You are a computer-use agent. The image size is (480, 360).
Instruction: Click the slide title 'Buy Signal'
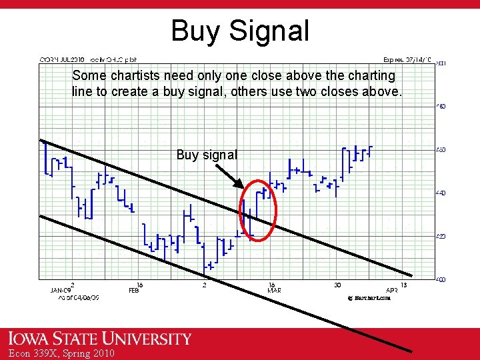(x=240, y=31)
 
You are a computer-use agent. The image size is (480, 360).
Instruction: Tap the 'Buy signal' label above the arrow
(x=207, y=155)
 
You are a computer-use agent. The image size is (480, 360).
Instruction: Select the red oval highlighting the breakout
(x=258, y=210)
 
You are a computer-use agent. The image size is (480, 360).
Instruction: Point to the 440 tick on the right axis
(x=441, y=193)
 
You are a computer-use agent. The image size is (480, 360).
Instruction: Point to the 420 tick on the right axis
(x=441, y=236)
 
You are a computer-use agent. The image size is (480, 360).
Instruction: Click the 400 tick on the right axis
(x=441, y=279)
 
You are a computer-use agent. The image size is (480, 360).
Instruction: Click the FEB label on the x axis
(x=134, y=291)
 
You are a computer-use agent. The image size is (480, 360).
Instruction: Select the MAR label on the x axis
(x=274, y=291)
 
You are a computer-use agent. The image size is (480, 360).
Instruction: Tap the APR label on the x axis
(x=392, y=291)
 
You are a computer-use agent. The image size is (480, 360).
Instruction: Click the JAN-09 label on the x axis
(x=61, y=291)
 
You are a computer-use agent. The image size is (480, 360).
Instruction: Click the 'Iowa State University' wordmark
(x=96, y=339)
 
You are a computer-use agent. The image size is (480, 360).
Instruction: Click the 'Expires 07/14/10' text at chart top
(x=407, y=59)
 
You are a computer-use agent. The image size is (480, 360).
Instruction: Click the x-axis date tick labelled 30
(x=338, y=285)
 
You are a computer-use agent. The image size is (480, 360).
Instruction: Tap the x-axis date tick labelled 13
(x=404, y=285)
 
